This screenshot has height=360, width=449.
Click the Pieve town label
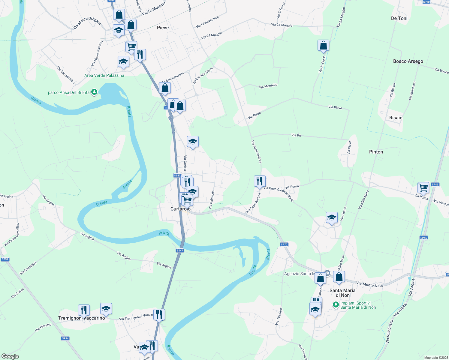163,28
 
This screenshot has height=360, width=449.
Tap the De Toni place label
399,18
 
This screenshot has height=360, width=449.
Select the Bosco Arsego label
408,61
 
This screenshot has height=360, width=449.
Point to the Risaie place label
396,118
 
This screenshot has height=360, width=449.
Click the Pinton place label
376,152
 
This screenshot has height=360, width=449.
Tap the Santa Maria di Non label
342,293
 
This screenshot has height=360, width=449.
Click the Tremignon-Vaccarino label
82,318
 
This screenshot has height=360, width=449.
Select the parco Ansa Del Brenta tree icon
94,92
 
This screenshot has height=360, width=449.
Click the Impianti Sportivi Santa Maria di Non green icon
336,305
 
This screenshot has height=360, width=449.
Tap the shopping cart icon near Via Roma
423,188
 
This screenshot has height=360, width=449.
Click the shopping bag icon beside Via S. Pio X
323,46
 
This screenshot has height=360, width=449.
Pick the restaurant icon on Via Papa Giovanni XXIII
260,181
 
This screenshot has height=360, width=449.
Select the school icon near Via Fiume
332,217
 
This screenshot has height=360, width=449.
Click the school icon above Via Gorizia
193,142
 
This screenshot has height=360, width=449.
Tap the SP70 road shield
284,244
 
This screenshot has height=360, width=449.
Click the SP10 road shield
426,2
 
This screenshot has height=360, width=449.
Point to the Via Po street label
296,135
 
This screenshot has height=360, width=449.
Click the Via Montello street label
268,86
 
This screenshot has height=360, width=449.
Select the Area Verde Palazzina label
104,75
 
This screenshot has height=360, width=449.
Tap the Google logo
10,356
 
